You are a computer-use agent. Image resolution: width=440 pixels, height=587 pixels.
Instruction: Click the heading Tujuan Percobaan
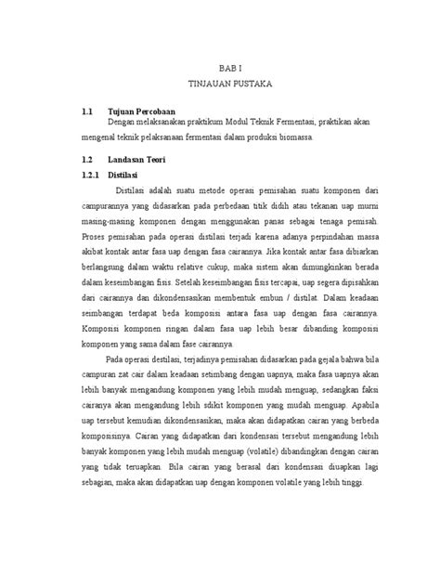[x=144, y=111]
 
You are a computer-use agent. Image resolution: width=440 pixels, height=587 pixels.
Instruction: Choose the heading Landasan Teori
[x=142, y=157]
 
